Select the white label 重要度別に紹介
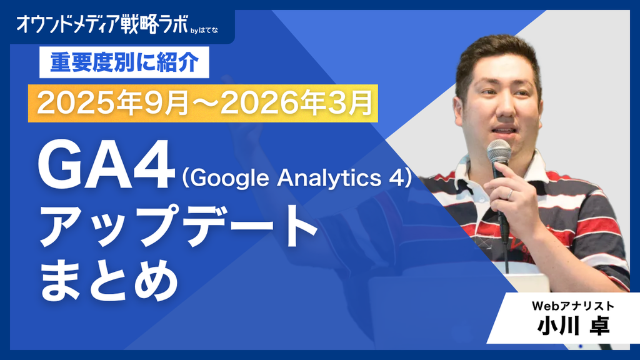click(x=124, y=62)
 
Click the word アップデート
click(x=178, y=226)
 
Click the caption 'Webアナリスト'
click(x=573, y=306)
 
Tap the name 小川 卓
click(x=573, y=326)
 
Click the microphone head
click(x=499, y=152)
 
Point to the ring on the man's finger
click(x=510, y=194)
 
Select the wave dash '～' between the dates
click(x=205, y=104)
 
